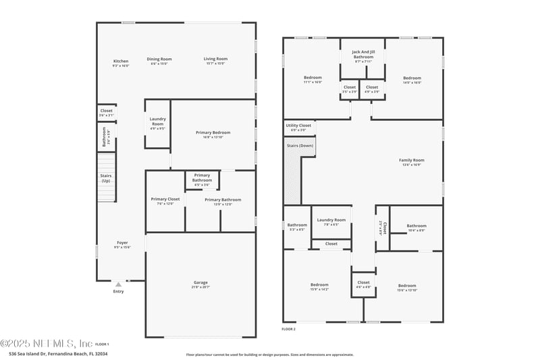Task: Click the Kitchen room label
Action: click(x=120, y=61)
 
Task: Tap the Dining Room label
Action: click(x=159, y=59)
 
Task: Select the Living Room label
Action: click(x=215, y=59)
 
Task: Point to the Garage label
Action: click(x=200, y=282)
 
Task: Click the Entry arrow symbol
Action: click(x=118, y=284)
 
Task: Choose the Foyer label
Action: click(x=122, y=242)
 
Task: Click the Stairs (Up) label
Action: click(x=106, y=178)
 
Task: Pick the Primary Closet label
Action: click(x=165, y=199)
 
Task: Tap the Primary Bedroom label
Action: click(x=213, y=133)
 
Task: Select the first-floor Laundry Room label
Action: click(x=157, y=122)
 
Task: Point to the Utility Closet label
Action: click(x=298, y=126)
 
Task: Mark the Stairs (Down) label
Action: click(x=298, y=145)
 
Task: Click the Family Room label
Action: click(x=411, y=160)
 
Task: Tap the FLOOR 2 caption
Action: click(x=289, y=329)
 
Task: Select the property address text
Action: click(x=58, y=353)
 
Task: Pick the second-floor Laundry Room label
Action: click(x=331, y=220)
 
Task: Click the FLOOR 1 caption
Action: click(x=102, y=344)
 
